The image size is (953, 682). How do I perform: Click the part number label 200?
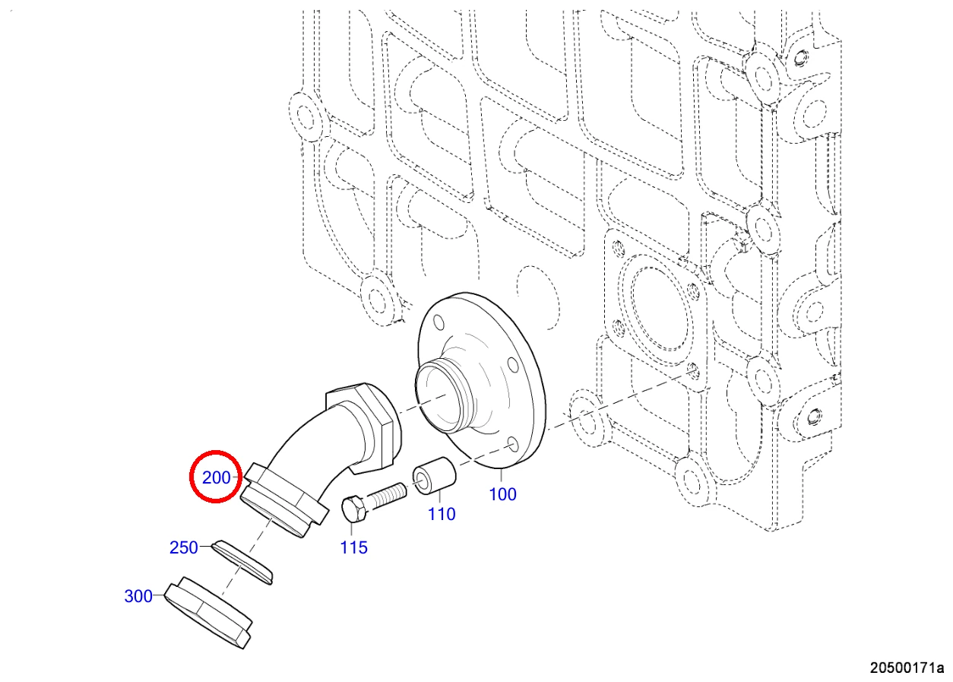(x=216, y=477)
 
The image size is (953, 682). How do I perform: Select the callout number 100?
(x=502, y=494)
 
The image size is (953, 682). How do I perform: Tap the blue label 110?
(x=442, y=514)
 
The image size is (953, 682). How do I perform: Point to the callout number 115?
(x=353, y=547)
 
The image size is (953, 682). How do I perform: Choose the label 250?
(x=184, y=547)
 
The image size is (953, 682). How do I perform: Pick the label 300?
(x=138, y=596)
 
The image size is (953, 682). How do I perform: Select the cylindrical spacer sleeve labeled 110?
(x=434, y=476)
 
